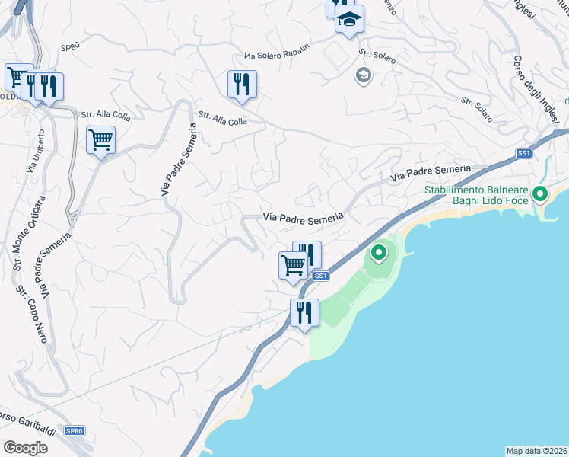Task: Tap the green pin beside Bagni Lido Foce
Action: click(540, 194)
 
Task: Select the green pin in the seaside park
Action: click(378, 251)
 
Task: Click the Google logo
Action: click(25, 447)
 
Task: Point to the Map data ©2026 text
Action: click(536, 450)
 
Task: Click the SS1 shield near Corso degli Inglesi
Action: click(523, 153)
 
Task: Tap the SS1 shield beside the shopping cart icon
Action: click(320, 276)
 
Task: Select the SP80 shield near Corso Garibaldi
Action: click(73, 431)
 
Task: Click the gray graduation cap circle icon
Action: click(363, 75)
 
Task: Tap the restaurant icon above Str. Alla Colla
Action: click(242, 85)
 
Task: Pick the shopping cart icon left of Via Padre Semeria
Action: click(100, 139)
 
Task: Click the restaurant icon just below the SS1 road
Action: click(304, 312)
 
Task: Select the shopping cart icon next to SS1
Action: click(293, 266)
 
